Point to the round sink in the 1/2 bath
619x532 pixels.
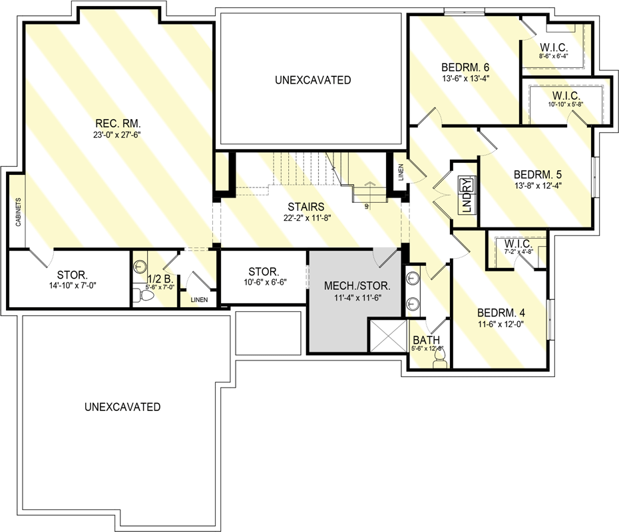tap(140, 267)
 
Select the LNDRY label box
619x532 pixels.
tap(466, 195)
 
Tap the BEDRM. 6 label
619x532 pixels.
tap(465, 67)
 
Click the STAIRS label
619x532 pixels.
tap(306, 207)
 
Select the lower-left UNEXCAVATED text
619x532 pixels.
tap(122, 407)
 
